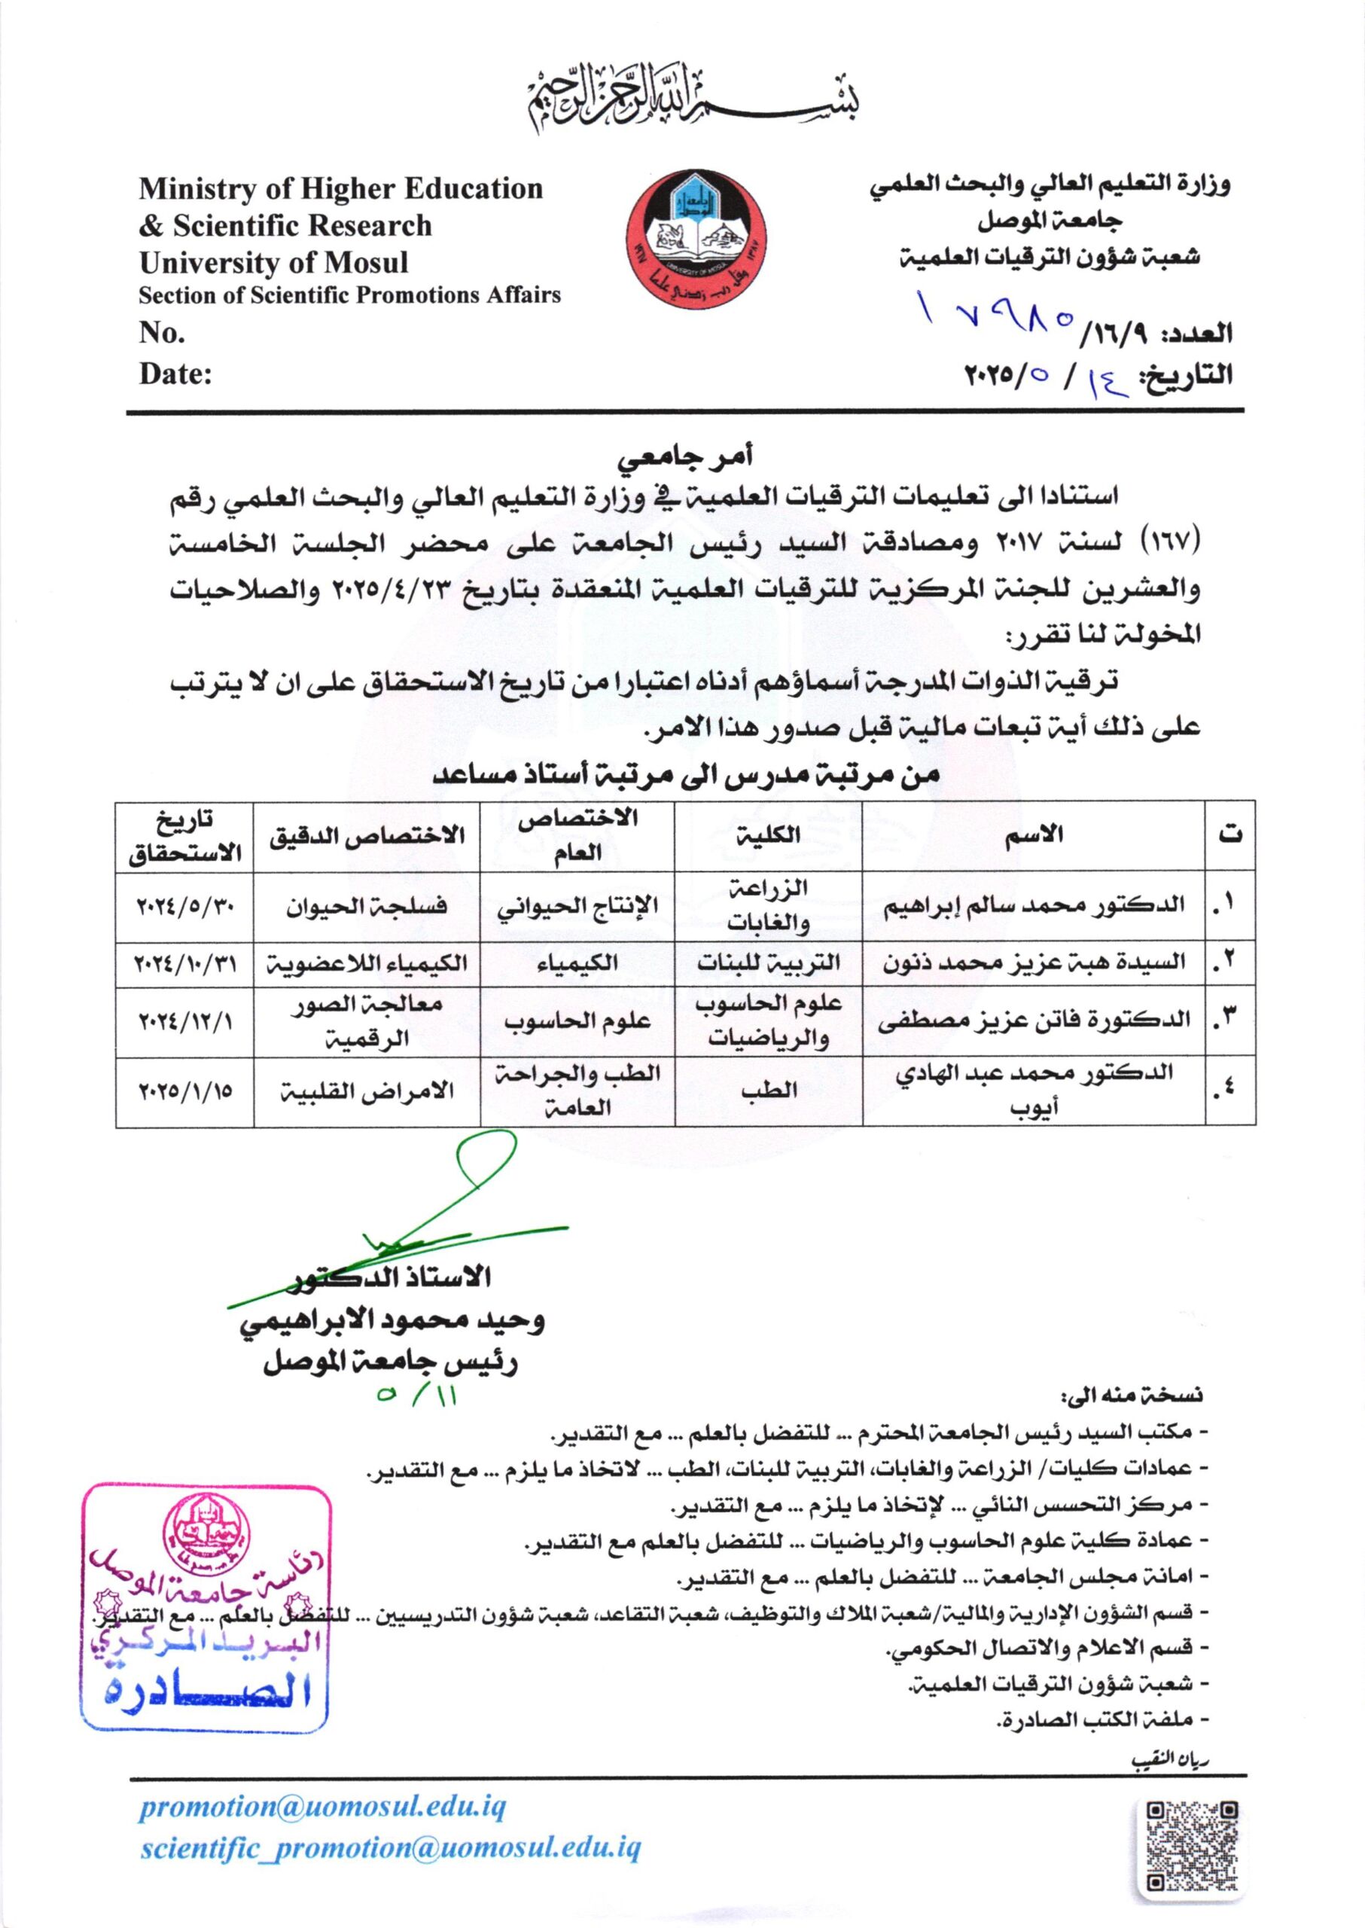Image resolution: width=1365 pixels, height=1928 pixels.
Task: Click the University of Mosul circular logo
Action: click(x=696, y=240)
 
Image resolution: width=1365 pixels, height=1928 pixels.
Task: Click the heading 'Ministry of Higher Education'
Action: click(x=341, y=188)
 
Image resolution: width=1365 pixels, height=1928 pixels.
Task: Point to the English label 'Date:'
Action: click(x=175, y=374)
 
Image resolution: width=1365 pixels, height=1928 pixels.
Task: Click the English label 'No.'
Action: click(x=162, y=333)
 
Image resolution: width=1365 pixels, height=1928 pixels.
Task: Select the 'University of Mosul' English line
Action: click(x=273, y=262)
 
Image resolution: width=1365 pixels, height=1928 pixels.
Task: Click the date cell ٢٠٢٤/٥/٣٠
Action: click(x=186, y=907)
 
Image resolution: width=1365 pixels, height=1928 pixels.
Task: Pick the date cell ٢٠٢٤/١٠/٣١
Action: click(x=186, y=963)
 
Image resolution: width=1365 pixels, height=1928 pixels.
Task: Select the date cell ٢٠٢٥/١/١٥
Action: click(x=186, y=1091)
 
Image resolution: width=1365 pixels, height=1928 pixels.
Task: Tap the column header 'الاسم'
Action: click(x=1033, y=834)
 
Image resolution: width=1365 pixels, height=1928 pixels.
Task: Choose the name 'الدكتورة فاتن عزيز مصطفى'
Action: click(x=1034, y=1020)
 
